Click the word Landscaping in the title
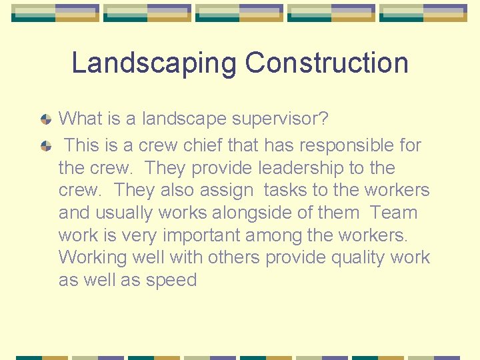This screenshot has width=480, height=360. click(x=154, y=63)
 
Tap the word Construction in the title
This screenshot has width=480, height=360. click(x=326, y=63)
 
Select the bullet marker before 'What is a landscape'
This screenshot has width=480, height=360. click(x=45, y=120)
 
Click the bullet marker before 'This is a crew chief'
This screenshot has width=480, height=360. click(x=45, y=145)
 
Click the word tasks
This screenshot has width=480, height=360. click(x=286, y=190)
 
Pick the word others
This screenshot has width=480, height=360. click(x=233, y=257)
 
